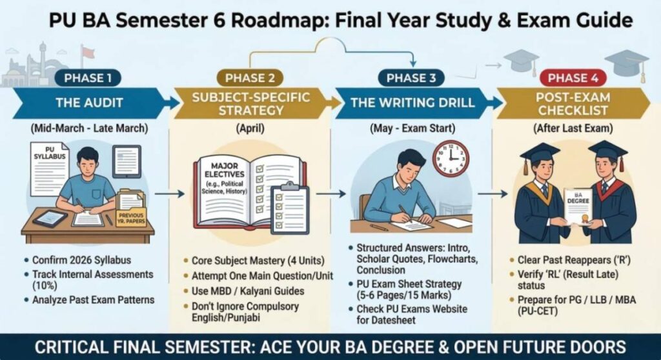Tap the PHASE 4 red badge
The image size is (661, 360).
click(x=568, y=78)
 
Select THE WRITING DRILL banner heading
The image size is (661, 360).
click(x=412, y=103)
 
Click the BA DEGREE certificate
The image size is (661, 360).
click(x=578, y=206)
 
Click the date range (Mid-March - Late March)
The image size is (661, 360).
click(x=88, y=128)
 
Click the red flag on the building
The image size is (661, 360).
click(x=86, y=51)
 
